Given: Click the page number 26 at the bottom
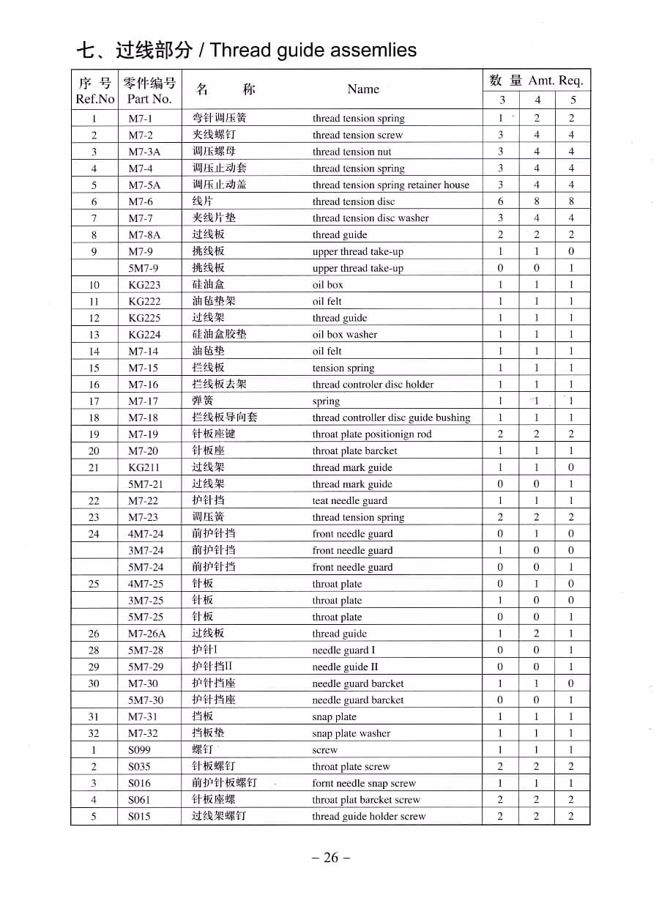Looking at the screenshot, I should (331, 858).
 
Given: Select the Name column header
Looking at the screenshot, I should (363, 89).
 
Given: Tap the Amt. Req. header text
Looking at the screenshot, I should (556, 81).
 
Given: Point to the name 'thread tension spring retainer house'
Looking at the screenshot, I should (390, 185).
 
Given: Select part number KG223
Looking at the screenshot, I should (144, 285).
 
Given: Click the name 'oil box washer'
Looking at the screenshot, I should (344, 335).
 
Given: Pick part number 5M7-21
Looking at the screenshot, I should (146, 484).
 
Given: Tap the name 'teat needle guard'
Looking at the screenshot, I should (349, 501).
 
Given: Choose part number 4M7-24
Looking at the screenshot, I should (146, 534).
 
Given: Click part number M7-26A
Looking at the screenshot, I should (146, 634).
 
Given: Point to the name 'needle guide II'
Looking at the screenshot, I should (345, 667).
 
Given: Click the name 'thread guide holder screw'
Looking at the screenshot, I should (368, 817).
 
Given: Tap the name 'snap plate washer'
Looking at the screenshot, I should (351, 733).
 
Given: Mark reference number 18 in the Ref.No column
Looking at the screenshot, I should (94, 418).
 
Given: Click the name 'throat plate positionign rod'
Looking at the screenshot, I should (371, 434).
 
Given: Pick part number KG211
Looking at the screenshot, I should (144, 467).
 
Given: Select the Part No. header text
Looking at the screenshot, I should (149, 98).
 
